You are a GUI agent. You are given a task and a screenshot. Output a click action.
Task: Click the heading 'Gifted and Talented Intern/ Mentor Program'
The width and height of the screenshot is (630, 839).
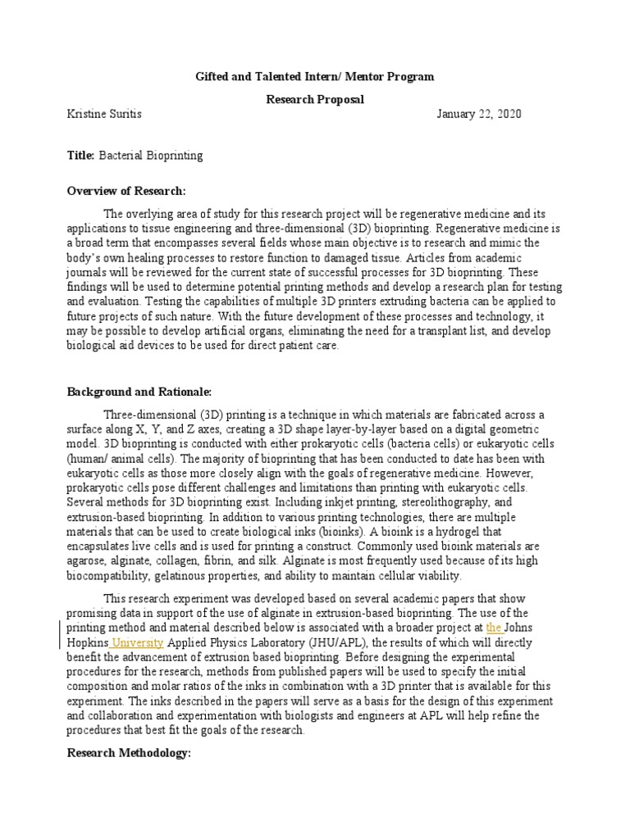click(314, 77)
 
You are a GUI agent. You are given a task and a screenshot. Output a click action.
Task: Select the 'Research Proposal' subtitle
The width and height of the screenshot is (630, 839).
click(314, 99)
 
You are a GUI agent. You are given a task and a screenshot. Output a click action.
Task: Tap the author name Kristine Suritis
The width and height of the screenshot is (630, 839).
click(103, 115)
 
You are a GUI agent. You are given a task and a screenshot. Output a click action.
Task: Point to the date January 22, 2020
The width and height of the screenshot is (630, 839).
click(478, 115)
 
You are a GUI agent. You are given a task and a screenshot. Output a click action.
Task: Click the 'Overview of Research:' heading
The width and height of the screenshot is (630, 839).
click(126, 191)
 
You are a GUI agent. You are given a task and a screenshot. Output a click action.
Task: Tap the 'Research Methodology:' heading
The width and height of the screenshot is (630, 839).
click(128, 752)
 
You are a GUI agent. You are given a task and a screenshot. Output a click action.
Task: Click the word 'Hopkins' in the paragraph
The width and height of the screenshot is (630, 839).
click(87, 642)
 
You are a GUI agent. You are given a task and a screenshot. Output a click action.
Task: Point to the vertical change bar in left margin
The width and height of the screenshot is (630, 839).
click(60, 635)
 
